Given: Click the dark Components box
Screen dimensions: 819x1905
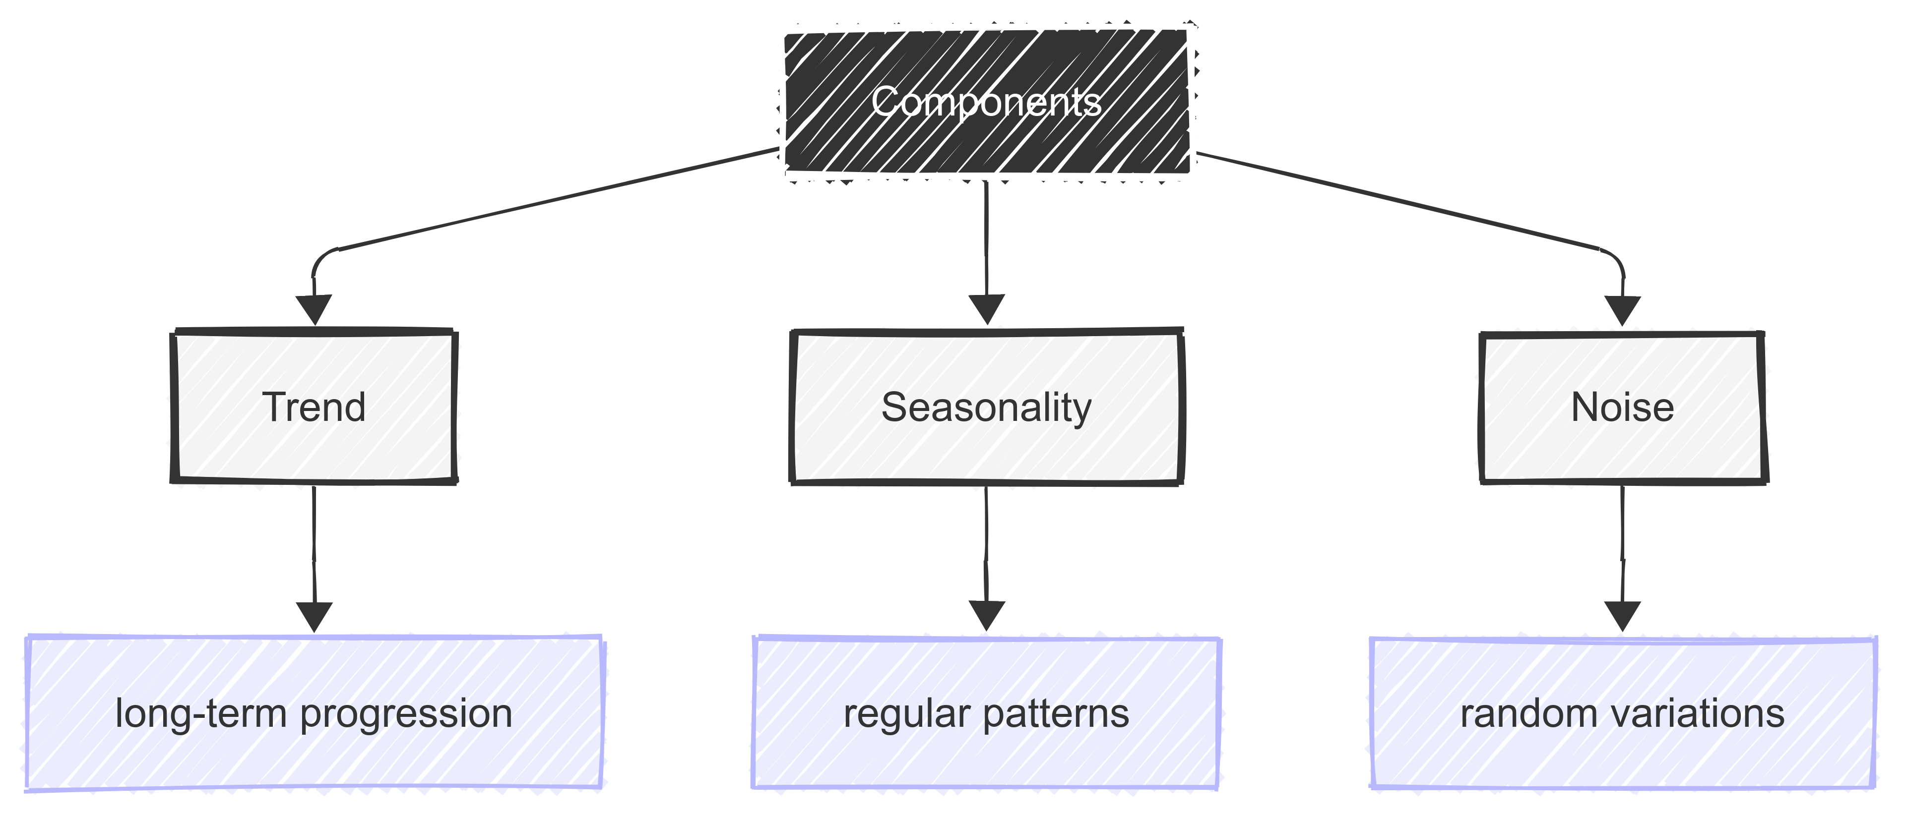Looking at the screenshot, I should tap(987, 102).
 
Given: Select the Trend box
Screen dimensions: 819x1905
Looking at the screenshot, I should tap(314, 407).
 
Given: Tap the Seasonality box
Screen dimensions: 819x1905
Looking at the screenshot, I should tap(987, 407).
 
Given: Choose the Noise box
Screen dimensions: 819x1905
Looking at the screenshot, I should tap(1623, 407).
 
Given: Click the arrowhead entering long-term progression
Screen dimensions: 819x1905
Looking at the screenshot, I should tap(315, 616).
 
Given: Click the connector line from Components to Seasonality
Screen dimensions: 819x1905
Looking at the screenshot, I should tap(986, 236).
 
